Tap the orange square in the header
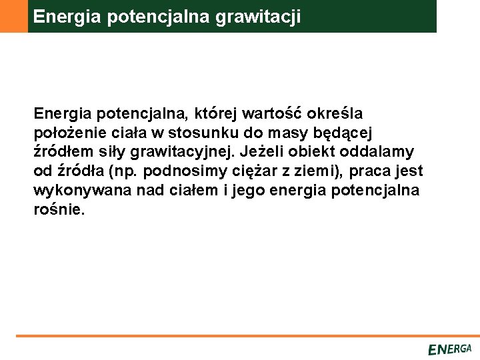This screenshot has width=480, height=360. point(13,16)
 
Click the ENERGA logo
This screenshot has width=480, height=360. point(449,349)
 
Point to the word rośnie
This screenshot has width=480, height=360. point(59,209)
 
